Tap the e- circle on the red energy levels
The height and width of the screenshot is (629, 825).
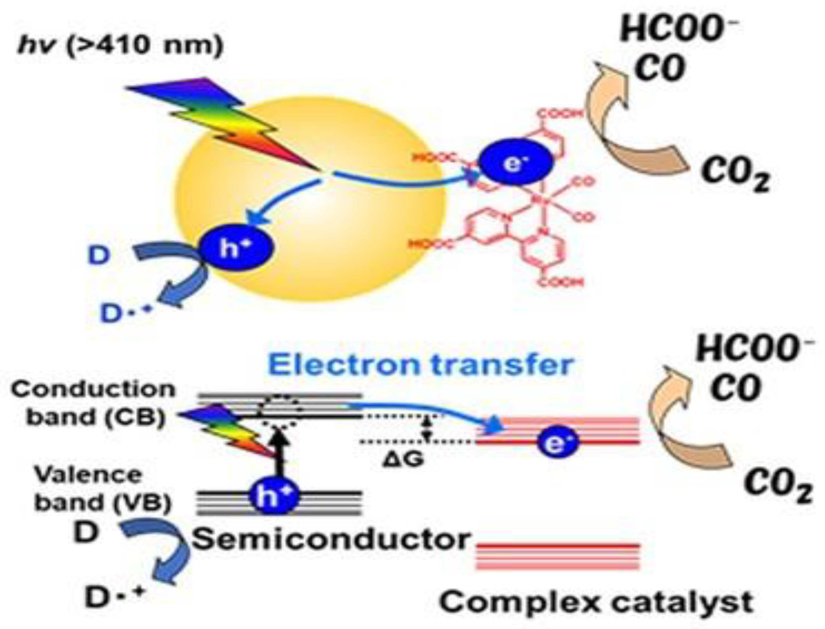557,444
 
